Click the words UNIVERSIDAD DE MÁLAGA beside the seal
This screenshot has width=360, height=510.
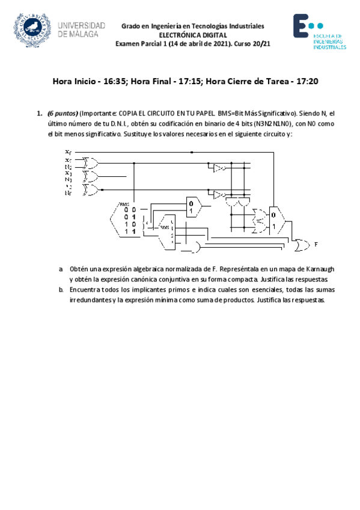tap(82, 30)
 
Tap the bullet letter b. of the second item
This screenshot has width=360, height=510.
tap(61, 289)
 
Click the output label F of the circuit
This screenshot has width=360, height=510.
tap(316, 245)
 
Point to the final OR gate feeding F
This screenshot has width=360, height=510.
tap(299, 244)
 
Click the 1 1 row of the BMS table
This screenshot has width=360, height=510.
tap(130, 232)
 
